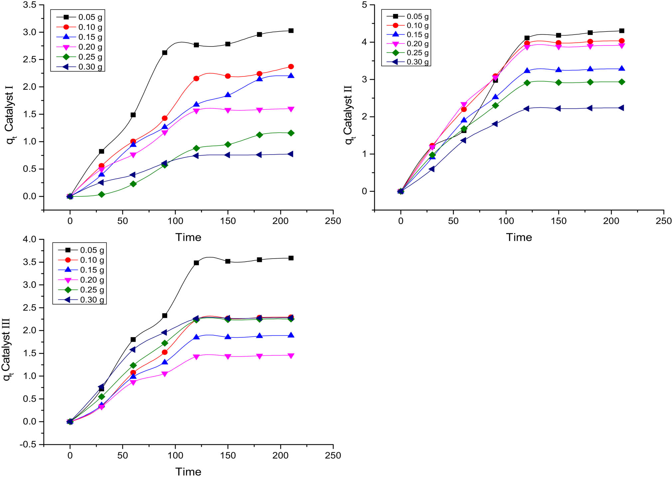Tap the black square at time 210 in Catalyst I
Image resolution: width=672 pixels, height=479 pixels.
(291, 31)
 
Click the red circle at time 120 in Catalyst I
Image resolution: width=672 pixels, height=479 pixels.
(196, 78)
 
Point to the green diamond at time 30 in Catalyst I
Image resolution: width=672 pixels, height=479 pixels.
(101, 194)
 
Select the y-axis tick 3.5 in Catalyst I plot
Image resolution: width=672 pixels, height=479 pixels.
(30, 5)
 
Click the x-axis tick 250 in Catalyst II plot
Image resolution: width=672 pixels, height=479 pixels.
(663, 221)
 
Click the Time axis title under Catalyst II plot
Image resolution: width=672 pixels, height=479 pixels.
(519, 237)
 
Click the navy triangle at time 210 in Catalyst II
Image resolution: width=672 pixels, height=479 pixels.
(621, 108)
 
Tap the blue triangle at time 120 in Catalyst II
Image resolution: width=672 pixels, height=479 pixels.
(527, 70)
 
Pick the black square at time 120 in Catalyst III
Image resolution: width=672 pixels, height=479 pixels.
(196, 263)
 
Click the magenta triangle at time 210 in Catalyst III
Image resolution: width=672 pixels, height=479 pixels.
(291, 356)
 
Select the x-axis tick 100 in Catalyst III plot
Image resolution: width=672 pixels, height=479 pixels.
(175, 455)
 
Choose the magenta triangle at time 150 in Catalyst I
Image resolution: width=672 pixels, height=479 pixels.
(228, 110)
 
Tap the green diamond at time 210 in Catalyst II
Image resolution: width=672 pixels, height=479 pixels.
(621, 82)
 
